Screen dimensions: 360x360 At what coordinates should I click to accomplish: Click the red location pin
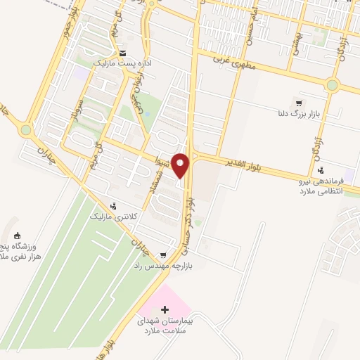pyautogui.click(x=181, y=165)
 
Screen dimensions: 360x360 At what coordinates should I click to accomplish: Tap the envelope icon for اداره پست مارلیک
pyautogui.click(x=123, y=53)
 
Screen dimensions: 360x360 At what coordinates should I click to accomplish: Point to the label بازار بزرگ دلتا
pyautogui.click(x=298, y=113)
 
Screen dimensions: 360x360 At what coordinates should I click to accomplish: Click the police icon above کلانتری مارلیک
pyautogui.click(x=113, y=206)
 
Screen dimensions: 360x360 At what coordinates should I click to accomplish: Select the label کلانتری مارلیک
pyautogui.click(x=113, y=217)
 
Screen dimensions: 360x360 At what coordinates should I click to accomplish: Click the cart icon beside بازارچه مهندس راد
pyautogui.click(x=164, y=255)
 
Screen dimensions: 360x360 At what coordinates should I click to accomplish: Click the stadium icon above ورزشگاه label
pyautogui.click(x=19, y=236)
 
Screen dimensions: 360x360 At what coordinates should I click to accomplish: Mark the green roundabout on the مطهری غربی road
pyautogui.click(x=332, y=84)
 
